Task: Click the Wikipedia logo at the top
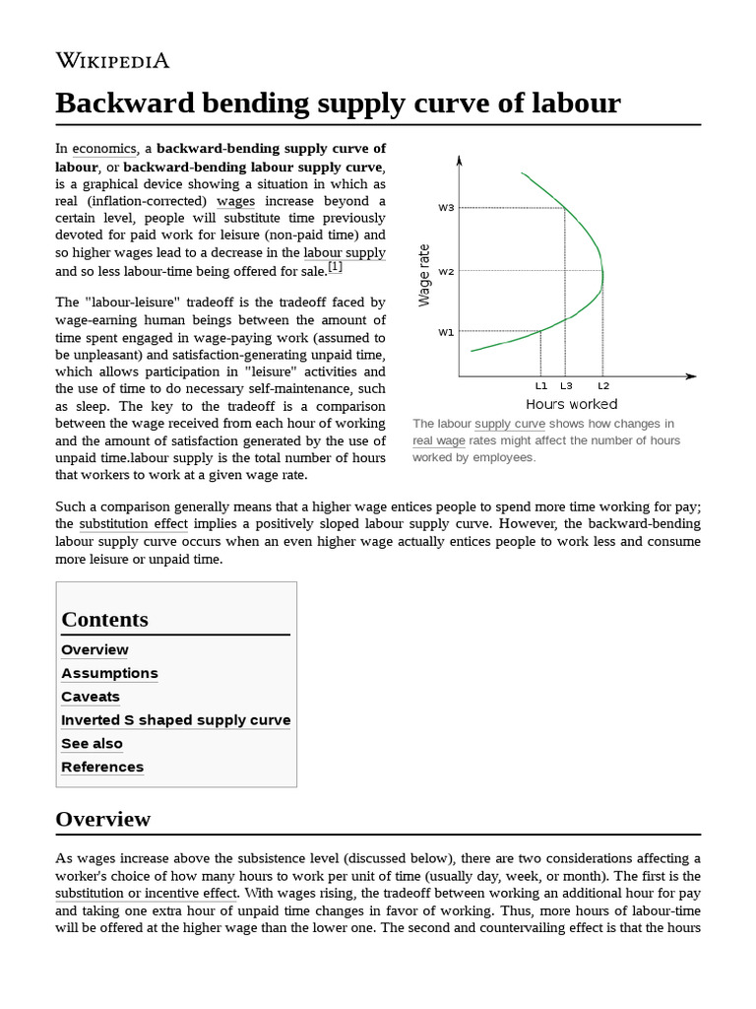point(112,60)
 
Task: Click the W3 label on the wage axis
point(446,207)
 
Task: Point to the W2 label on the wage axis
point(446,271)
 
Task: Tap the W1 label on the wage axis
point(446,332)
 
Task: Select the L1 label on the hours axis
point(541,386)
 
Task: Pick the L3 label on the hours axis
point(566,386)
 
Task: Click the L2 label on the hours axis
point(603,386)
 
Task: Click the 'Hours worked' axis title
point(571,404)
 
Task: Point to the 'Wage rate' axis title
point(425,275)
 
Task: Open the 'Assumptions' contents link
point(109,673)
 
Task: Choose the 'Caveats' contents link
point(91,697)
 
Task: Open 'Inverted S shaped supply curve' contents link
point(175,720)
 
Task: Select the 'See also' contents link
point(92,744)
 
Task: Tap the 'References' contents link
point(102,768)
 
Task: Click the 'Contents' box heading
point(105,620)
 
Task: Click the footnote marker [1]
point(336,267)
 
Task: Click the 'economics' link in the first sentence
point(104,149)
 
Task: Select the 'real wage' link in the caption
point(439,440)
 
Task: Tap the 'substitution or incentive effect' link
point(146,894)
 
